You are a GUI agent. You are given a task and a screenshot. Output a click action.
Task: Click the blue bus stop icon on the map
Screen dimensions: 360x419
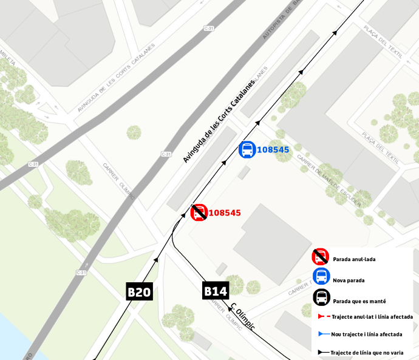point(247,149)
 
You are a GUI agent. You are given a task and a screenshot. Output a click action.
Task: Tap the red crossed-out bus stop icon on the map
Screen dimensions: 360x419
point(199,212)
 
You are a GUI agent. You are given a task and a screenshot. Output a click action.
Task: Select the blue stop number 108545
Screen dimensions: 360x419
point(273,150)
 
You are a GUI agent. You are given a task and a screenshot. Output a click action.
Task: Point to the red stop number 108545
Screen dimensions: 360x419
point(225,213)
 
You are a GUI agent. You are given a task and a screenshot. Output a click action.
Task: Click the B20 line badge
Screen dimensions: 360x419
point(138,292)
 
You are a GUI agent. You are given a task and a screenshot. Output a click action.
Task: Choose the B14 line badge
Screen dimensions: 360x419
point(215,291)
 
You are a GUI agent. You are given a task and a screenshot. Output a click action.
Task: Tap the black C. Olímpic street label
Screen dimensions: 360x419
point(242,318)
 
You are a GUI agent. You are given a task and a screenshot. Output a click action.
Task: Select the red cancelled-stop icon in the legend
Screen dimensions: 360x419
point(321,258)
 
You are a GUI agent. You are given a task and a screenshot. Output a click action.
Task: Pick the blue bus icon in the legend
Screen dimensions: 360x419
point(321,277)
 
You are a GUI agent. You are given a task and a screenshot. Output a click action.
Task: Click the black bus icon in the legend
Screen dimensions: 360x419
point(322,298)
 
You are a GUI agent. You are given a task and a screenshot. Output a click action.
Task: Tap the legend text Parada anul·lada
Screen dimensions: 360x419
point(354,259)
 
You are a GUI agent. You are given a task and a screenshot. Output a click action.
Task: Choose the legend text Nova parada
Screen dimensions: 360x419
point(348,280)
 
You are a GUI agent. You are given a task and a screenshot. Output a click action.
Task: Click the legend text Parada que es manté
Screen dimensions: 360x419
point(359,301)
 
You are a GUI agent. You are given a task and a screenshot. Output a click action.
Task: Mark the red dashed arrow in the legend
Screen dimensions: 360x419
point(321,317)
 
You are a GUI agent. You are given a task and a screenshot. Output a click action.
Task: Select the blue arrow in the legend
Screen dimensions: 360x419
point(321,334)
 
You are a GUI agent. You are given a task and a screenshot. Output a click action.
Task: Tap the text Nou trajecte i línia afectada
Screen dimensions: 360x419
point(366,335)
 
